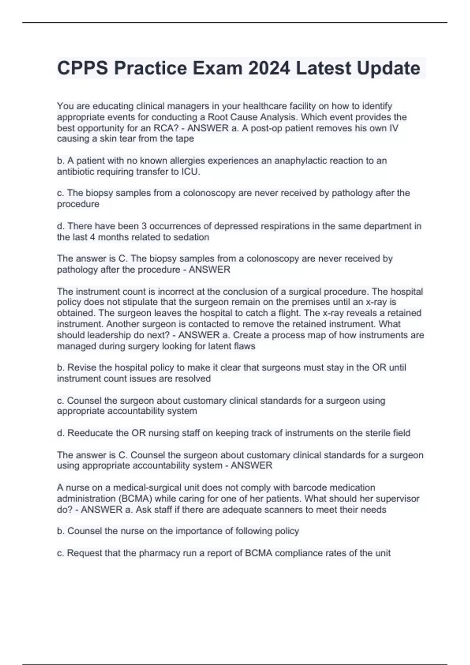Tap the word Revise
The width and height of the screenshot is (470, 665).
81,368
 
